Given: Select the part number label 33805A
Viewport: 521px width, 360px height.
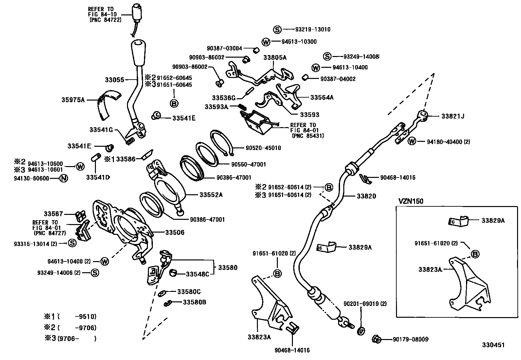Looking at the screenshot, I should point(275,58).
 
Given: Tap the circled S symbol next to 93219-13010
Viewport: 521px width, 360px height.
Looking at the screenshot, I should point(277,29).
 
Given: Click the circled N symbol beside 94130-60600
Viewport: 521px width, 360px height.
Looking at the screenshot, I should point(63,179).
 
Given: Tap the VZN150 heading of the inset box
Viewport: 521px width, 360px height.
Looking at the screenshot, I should point(410,201).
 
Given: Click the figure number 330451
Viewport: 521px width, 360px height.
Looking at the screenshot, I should point(493,345).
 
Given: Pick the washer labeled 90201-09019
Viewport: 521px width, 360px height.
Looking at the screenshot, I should point(361,331).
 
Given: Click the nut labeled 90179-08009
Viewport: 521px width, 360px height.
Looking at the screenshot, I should point(376,339).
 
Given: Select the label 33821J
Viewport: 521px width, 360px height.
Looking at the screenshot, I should point(453,116).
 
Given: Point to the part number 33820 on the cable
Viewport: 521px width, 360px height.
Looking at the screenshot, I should point(366,196).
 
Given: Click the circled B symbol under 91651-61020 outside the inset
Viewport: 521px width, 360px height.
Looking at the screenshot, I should point(277,274).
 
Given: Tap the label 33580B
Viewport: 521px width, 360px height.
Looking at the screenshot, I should point(194,302).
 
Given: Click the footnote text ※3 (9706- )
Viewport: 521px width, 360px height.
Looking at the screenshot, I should point(70,339).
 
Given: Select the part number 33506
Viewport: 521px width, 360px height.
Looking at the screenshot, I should point(174,233).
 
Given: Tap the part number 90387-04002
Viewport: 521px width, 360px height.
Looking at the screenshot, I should point(338,79).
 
